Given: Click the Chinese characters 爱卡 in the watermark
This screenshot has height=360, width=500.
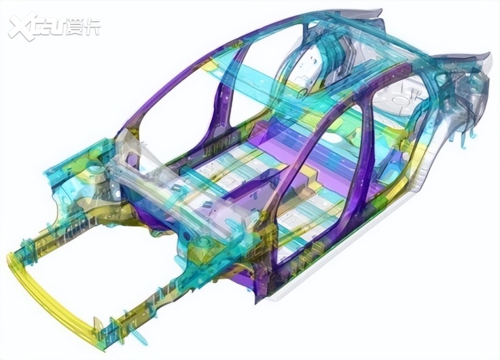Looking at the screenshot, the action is (x=84, y=26).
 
